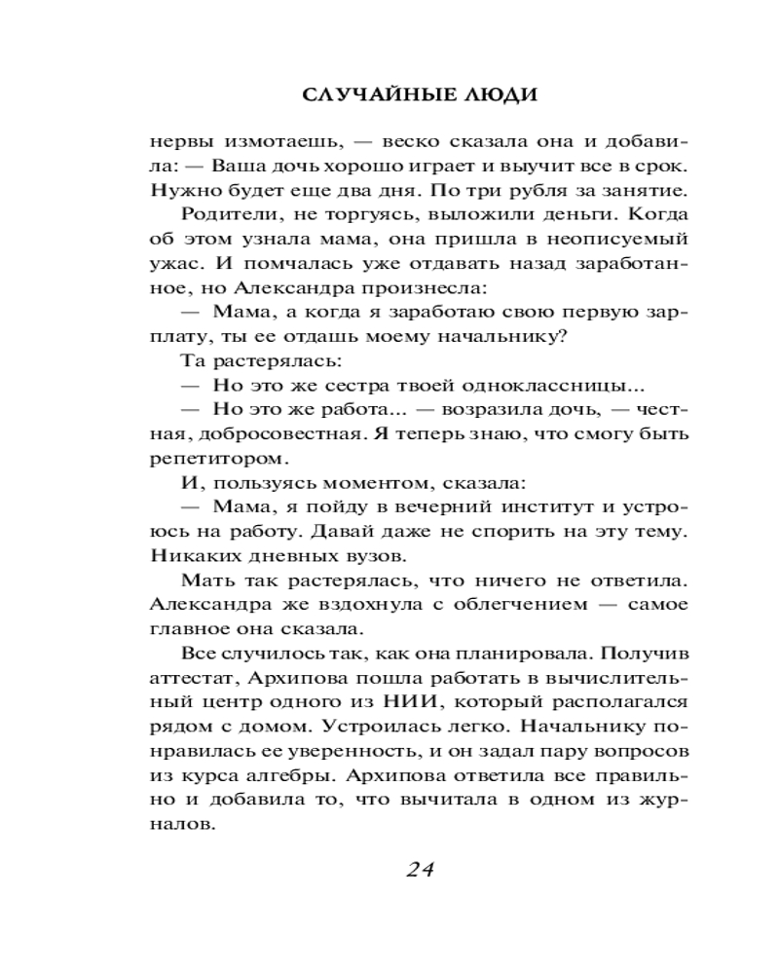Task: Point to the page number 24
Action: point(419,869)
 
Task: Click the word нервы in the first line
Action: point(182,139)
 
